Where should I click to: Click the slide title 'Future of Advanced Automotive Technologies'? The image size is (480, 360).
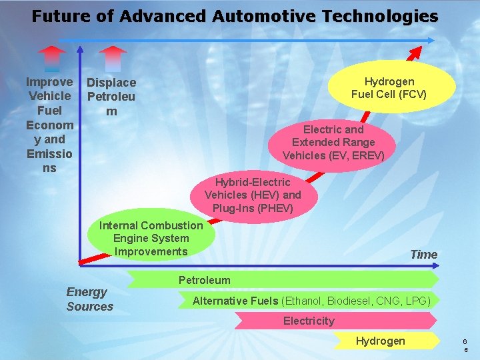tap(235, 17)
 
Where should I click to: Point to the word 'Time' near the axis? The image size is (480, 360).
tap(423, 255)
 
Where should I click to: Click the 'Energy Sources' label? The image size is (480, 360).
tap(89, 299)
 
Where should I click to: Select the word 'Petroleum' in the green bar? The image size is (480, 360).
tap(204, 280)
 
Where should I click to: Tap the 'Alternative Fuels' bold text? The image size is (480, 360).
tap(235, 301)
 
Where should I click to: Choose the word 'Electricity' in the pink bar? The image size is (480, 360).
tap(309, 321)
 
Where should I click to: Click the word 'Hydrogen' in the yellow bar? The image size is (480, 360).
tap(380, 341)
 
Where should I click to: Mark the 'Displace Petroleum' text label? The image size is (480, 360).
tap(111, 97)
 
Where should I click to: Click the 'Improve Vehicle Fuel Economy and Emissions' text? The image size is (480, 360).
tap(49, 125)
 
